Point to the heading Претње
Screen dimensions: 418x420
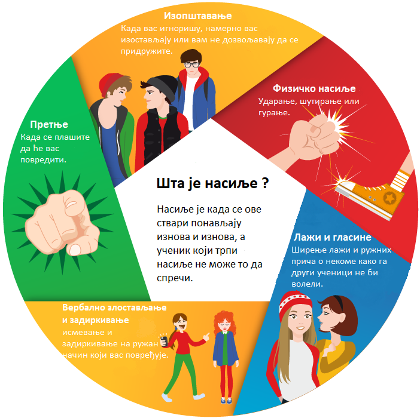coord(49,124)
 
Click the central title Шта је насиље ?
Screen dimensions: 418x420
coord(212,183)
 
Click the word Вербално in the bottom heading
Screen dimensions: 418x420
coord(84,309)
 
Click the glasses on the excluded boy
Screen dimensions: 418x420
coord(191,64)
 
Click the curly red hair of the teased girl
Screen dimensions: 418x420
coord(223,322)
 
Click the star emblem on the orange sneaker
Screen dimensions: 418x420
coord(380,196)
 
